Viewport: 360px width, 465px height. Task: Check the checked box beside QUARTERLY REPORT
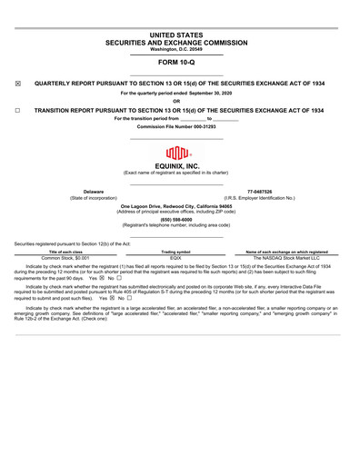[x=18, y=84]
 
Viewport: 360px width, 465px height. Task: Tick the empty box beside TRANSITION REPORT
[x=18, y=110]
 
